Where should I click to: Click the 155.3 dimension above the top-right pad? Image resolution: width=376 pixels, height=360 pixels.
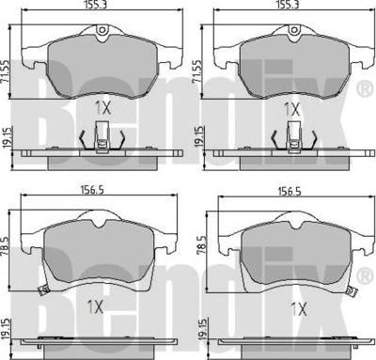coord(288,4)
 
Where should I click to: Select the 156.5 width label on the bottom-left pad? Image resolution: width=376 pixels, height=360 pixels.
coord(92,190)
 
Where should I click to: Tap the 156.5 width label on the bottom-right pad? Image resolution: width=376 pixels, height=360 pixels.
coord(289,192)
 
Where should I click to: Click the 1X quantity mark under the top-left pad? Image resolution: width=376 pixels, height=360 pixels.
coord(103,109)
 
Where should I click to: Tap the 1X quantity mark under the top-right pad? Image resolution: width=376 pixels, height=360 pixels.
coord(291,109)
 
